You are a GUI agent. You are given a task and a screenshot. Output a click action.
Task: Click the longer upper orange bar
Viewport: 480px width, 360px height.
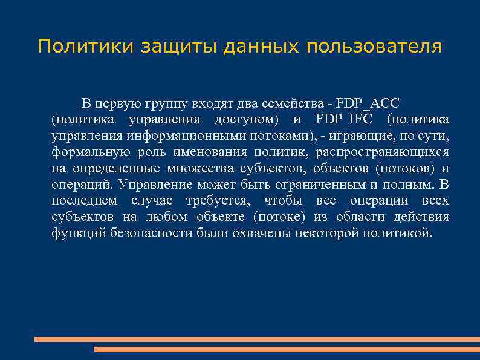[x=257, y=339]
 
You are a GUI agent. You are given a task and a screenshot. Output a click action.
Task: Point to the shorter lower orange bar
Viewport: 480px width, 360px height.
[x=287, y=349]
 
